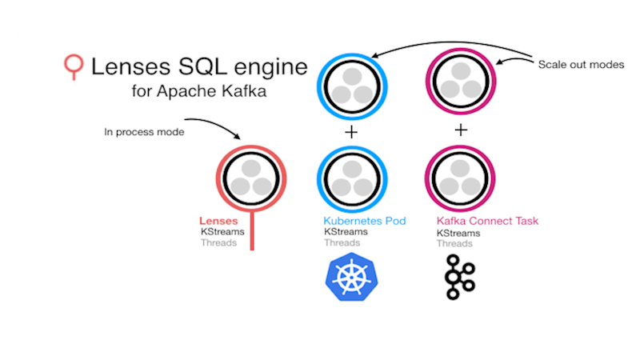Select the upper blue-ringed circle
pyautogui.click(x=352, y=84)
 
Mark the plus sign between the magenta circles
pyautogui.click(x=461, y=130)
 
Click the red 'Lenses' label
pyautogui.click(x=217, y=221)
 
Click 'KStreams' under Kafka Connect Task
pyautogui.click(x=458, y=233)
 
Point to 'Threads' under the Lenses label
pyautogui.click(x=218, y=242)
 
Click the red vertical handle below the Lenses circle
pyautogui.click(x=252, y=232)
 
